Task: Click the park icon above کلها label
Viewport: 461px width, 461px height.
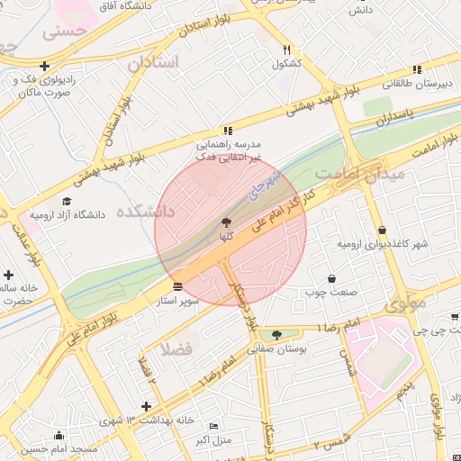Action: click(x=225, y=221)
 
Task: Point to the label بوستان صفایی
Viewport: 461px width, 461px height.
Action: click(x=276, y=348)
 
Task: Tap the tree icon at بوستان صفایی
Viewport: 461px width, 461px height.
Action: click(x=276, y=335)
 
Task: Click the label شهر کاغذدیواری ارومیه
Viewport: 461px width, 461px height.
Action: click(x=383, y=244)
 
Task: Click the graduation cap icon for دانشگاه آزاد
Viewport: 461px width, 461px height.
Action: click(x=67, y=202)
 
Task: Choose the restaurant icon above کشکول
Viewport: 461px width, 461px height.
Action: click(x=286, y=50)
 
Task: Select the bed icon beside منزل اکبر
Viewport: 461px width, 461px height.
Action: click(x=213, y=426)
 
